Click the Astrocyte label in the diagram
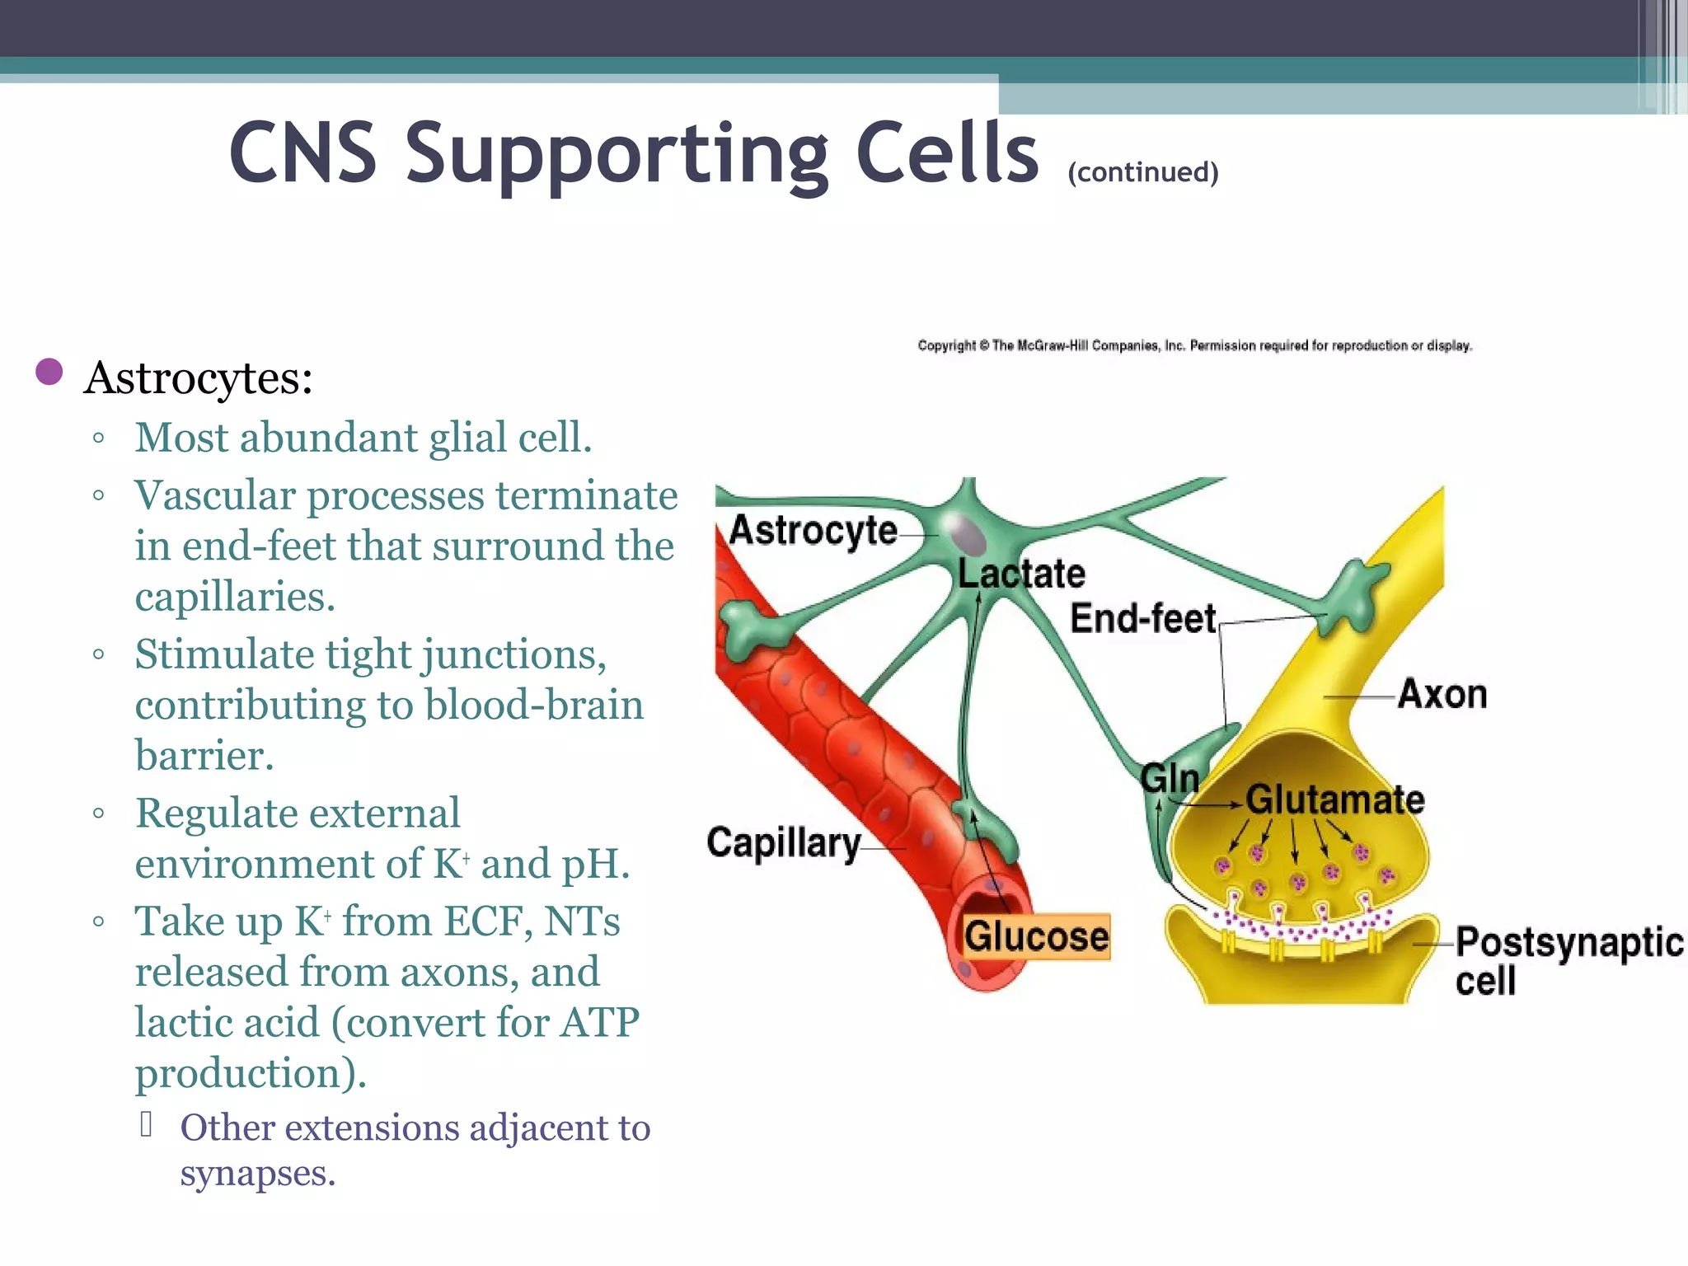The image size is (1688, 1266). pyautogui.click(x=813, y=530)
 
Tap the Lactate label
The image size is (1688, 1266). pyautogui.click(x=1021, y=574)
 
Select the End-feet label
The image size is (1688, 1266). pyautogui.click(x=1142, y=618)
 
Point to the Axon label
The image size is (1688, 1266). pyautogui.click(x=1442, y=694)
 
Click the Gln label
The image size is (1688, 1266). pyautogui.click(x=1170, y=778)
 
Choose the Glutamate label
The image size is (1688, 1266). pyautogui.click(x=1334, y=799)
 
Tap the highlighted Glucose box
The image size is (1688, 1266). pyautogui.click(x=1037, y=936)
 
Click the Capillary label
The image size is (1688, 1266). pyautogui.click(x=783, y=843)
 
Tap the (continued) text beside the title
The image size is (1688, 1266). pyautogui.click(x=1142, y=172)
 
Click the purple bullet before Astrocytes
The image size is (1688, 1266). pyautogui.click(x=49, y=372)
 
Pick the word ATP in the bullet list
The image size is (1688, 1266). pyautogui.click(x=599, y=1023)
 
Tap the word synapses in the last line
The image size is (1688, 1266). pyautogui.click(x=257, y=1173)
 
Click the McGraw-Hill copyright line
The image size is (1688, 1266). pyautogui.click(x=1194, y=345)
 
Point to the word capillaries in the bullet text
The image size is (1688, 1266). pyautogui.click(x=235, y=597)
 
